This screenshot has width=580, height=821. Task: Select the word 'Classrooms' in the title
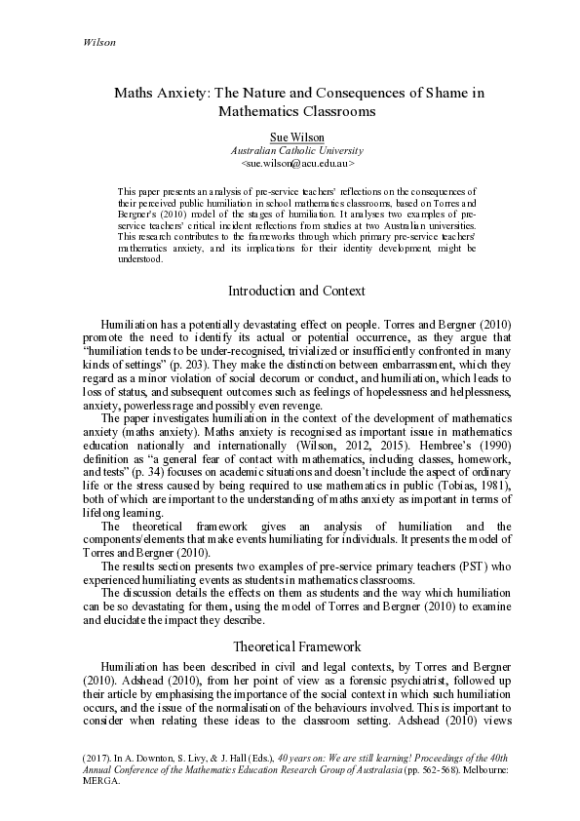(327, 111)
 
